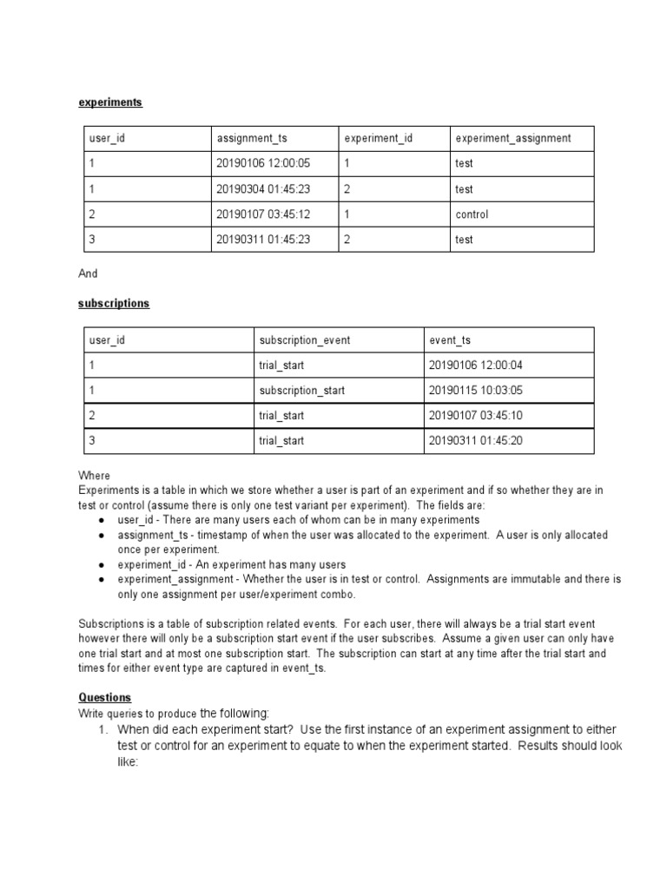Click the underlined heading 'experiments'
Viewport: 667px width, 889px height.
coord(110,102)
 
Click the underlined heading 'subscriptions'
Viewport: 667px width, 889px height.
coord(114,303)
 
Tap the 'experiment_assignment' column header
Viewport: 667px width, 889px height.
coord(512,139)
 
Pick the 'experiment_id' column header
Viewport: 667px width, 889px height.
coord(378,139)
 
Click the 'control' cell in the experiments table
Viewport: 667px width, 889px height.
coord(472,214)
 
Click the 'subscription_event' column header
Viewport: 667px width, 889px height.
coord(304,340)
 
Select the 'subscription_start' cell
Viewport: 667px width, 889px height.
coord(301,391)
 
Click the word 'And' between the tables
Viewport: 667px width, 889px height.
coord(89,273)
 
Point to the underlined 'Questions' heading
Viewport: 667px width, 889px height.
coord(105,697)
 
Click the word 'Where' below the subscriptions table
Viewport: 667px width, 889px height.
coord(95,476)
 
